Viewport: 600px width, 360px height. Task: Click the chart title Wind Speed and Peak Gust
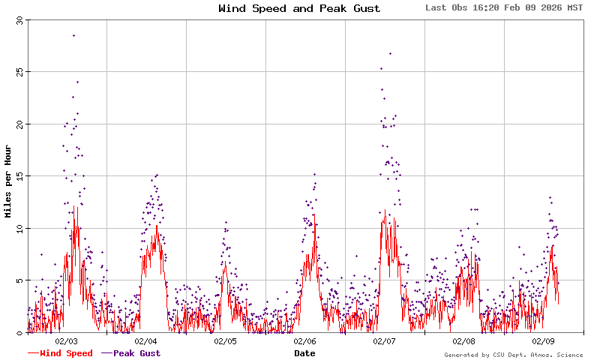tap(299, 9)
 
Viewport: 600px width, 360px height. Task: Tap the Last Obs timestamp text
tap(503, 8)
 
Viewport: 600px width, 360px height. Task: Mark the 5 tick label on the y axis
tap(21, 280)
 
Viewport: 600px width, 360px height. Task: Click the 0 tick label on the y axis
tap(21, 332)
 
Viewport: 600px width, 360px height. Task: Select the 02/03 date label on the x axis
tap(67, 341)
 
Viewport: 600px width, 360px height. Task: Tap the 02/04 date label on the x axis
tap(146, 341)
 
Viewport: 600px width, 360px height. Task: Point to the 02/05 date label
tap(226, 341)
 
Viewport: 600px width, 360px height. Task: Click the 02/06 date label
tap(305, 341)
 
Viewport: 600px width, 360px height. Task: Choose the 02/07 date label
tap(385, 341)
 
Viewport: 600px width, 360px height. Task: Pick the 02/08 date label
tap(464, 341)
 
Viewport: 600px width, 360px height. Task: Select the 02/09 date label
tap(544, 341)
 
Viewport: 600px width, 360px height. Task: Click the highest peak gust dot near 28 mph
tap(73, 35)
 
